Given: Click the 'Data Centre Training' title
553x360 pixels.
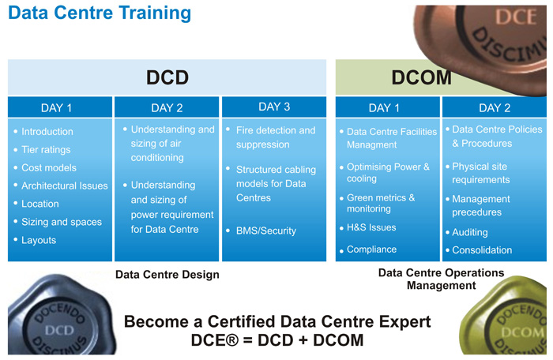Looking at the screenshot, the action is point(100,13).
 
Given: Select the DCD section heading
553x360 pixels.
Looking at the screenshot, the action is point(167,77).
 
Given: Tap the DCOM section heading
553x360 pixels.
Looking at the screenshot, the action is point(421,77).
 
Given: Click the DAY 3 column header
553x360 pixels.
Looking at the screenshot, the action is point(274,107).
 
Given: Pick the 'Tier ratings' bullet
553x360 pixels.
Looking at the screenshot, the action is point(46,149).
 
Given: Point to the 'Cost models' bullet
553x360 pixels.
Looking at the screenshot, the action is point(49,167).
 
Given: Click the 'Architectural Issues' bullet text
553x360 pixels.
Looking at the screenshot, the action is point(65,186).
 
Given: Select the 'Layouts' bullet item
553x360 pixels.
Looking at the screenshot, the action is point(39,240).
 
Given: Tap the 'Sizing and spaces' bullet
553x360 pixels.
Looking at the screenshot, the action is point(62,222).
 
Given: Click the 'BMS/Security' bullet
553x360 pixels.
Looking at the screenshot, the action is point(266,231).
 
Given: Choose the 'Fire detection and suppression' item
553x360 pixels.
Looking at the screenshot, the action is point(276,137).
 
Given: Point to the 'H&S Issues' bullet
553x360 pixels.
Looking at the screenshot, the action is point(371,227).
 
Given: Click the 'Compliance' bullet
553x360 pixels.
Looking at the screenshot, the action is point(371,249).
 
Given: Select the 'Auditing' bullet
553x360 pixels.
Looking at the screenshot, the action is point(470,232).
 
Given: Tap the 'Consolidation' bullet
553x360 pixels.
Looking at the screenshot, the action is point(482,250).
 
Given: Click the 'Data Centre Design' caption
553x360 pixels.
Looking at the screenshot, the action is point(167,274).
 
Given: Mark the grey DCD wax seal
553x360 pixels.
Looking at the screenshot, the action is point(61,316).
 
